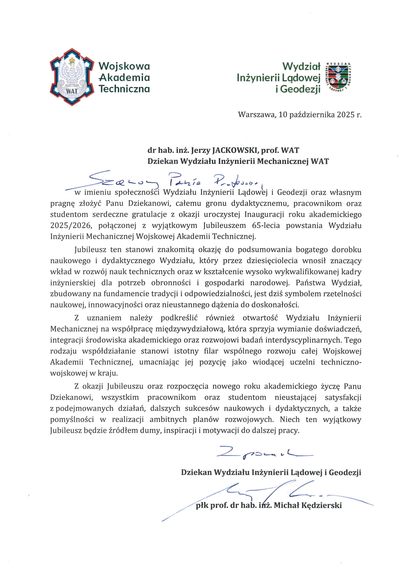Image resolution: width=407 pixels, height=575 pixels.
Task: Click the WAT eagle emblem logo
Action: point(72,77)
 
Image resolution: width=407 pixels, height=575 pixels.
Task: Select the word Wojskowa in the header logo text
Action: point(124,66)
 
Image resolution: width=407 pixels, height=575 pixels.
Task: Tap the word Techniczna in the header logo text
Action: point(124,89)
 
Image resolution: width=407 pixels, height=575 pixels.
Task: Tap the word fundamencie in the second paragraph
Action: point(125,294)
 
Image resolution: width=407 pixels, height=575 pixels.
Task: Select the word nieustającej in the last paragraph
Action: point(296,398)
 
